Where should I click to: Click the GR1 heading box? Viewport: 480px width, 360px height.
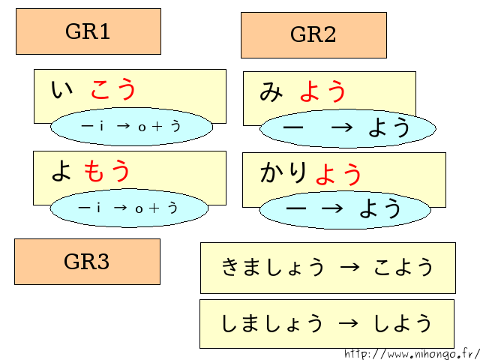[88, 31]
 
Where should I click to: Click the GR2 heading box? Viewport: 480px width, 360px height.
[313, 35]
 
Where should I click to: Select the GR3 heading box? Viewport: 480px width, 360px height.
[87, 262]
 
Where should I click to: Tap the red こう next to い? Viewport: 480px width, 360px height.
[114, 90]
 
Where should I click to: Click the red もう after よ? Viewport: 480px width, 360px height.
[107, 171]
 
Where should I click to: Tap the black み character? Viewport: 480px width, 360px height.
[271, 91]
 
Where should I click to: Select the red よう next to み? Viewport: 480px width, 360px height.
[323, 91]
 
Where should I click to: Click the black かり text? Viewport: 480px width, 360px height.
[284, 173]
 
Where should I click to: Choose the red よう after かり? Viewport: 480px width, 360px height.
[339, 174]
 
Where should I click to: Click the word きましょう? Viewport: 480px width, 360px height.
[274, 267]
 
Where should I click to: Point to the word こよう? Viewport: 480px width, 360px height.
[403, 267]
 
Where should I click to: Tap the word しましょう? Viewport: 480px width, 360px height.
[273, 323]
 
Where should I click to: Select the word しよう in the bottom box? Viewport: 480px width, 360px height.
[403, 323]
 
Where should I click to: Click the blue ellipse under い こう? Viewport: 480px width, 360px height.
[131, 127]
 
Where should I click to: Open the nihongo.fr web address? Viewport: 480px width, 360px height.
[412, 353]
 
